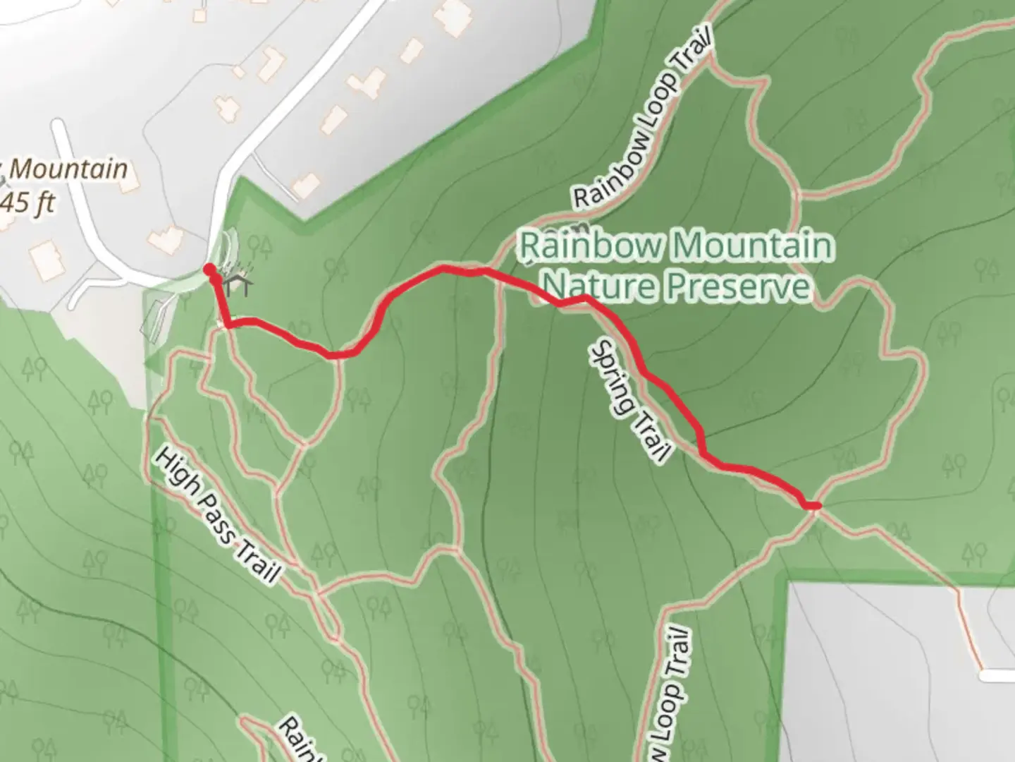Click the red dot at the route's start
pos(209,270)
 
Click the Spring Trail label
pos(629,401)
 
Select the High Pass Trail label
pos(216,515)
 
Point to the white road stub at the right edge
pos(997,675)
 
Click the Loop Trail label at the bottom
pos(670,691)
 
